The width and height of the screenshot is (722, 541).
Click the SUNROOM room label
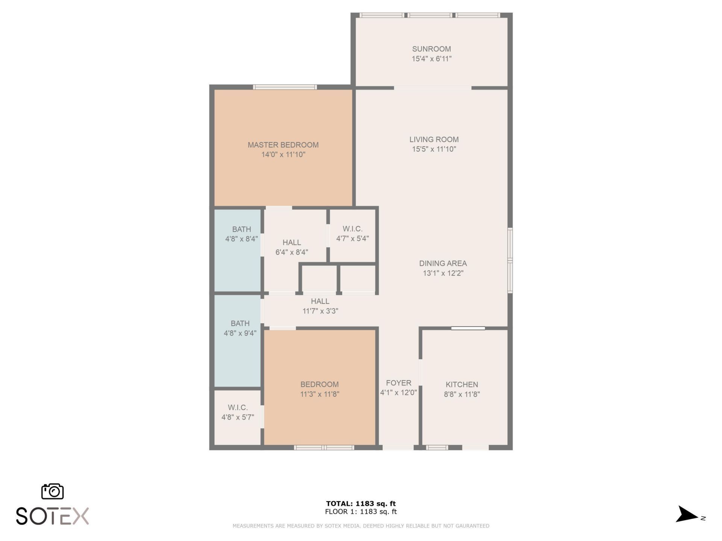click(x=431, y=49)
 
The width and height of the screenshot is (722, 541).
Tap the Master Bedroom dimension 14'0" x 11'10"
click(x=283, y=154)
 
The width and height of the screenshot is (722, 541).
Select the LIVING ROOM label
click(x=434, y=139)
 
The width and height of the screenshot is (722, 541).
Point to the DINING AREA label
click(x=443, y=263)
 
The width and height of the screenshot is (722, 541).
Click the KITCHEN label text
click(x=462, y=384)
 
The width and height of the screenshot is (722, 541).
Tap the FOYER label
click(x=398, y=383)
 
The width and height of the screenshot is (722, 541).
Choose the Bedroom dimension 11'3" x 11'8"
click(x=320, y=394)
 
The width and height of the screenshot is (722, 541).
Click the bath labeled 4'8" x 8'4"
click(x=241, y=234)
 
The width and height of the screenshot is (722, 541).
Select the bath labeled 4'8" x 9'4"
click(x=240, y=328)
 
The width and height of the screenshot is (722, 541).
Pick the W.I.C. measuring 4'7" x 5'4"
click(x=352, y=233)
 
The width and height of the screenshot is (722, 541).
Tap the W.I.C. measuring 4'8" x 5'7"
click(x=238, y=412)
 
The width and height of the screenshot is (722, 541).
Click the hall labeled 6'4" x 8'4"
click(x=292, y=247)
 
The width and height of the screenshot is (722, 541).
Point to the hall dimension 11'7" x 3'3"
click(x=320, y=311)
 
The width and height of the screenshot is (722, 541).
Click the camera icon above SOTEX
click(x=52, y=491)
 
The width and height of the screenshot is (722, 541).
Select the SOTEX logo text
click(x=52, y=516)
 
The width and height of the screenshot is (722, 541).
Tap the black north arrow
click(x=687, y=514)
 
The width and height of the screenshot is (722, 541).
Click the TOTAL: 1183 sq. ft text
click(x=361, y=503)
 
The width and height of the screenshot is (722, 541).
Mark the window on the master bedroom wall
click(x=285, y=87)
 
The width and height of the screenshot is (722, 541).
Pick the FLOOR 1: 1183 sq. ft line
click(x=361, y=512)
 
